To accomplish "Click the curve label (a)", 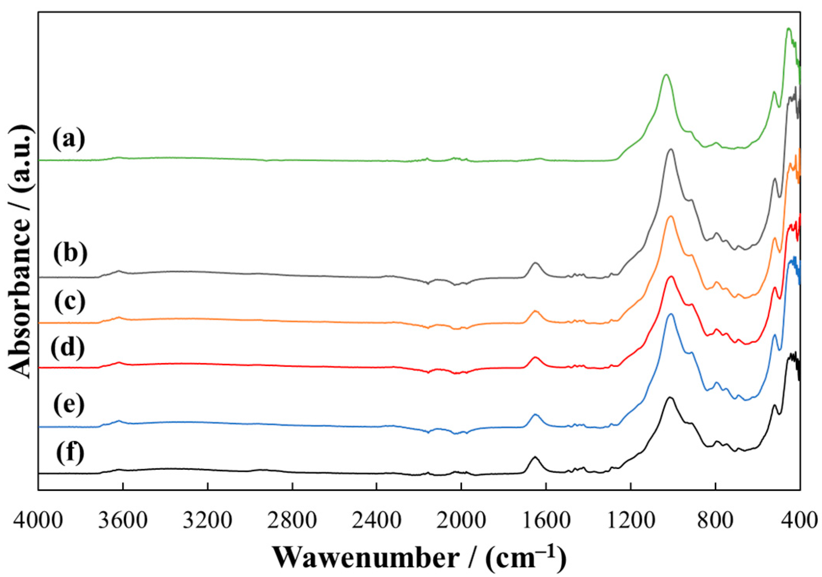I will click(69, 139).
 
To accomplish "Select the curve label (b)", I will click(70, 253).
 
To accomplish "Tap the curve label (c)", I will click(70, 301).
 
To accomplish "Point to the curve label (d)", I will click(68, 346).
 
